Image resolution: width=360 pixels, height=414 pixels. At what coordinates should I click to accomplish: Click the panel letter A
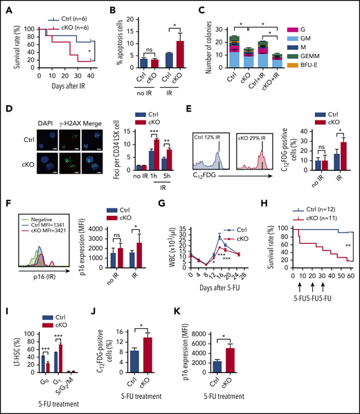(x=8, y=8)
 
